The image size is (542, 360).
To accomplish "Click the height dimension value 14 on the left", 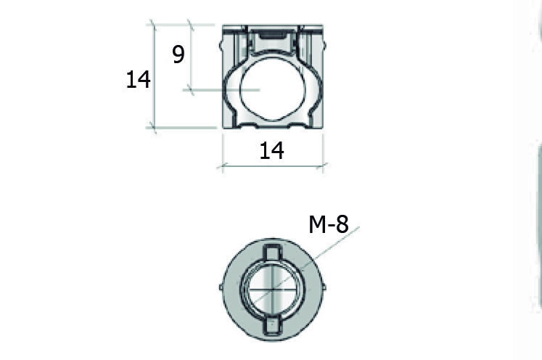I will pyautogui.click(x=138, y=79).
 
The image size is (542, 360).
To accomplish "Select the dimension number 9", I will pyautogui.click(x=178, y=54).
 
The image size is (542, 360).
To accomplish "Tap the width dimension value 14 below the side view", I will pyautogui.click(x=271, y=150).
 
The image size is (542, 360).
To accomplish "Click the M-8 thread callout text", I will pyautogui.click(x=329, y=225).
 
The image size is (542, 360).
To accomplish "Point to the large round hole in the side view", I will pyautogui.click(x=272, y=88).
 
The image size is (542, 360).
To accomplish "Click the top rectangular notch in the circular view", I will pyautogui.click(x=271, y=254).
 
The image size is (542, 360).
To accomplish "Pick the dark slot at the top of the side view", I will pyautogui.click(x=272, y=33).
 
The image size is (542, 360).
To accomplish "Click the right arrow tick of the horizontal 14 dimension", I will pyautogui.click(x=324, y=166).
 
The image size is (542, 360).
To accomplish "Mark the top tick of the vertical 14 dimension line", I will pyautogui.click(x=153, y=25).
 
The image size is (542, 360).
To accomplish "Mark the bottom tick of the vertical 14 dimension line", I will pyautogui.click(x=153, y=127).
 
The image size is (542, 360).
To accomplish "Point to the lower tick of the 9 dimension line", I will pyautogui.click(x=189, y=89).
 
